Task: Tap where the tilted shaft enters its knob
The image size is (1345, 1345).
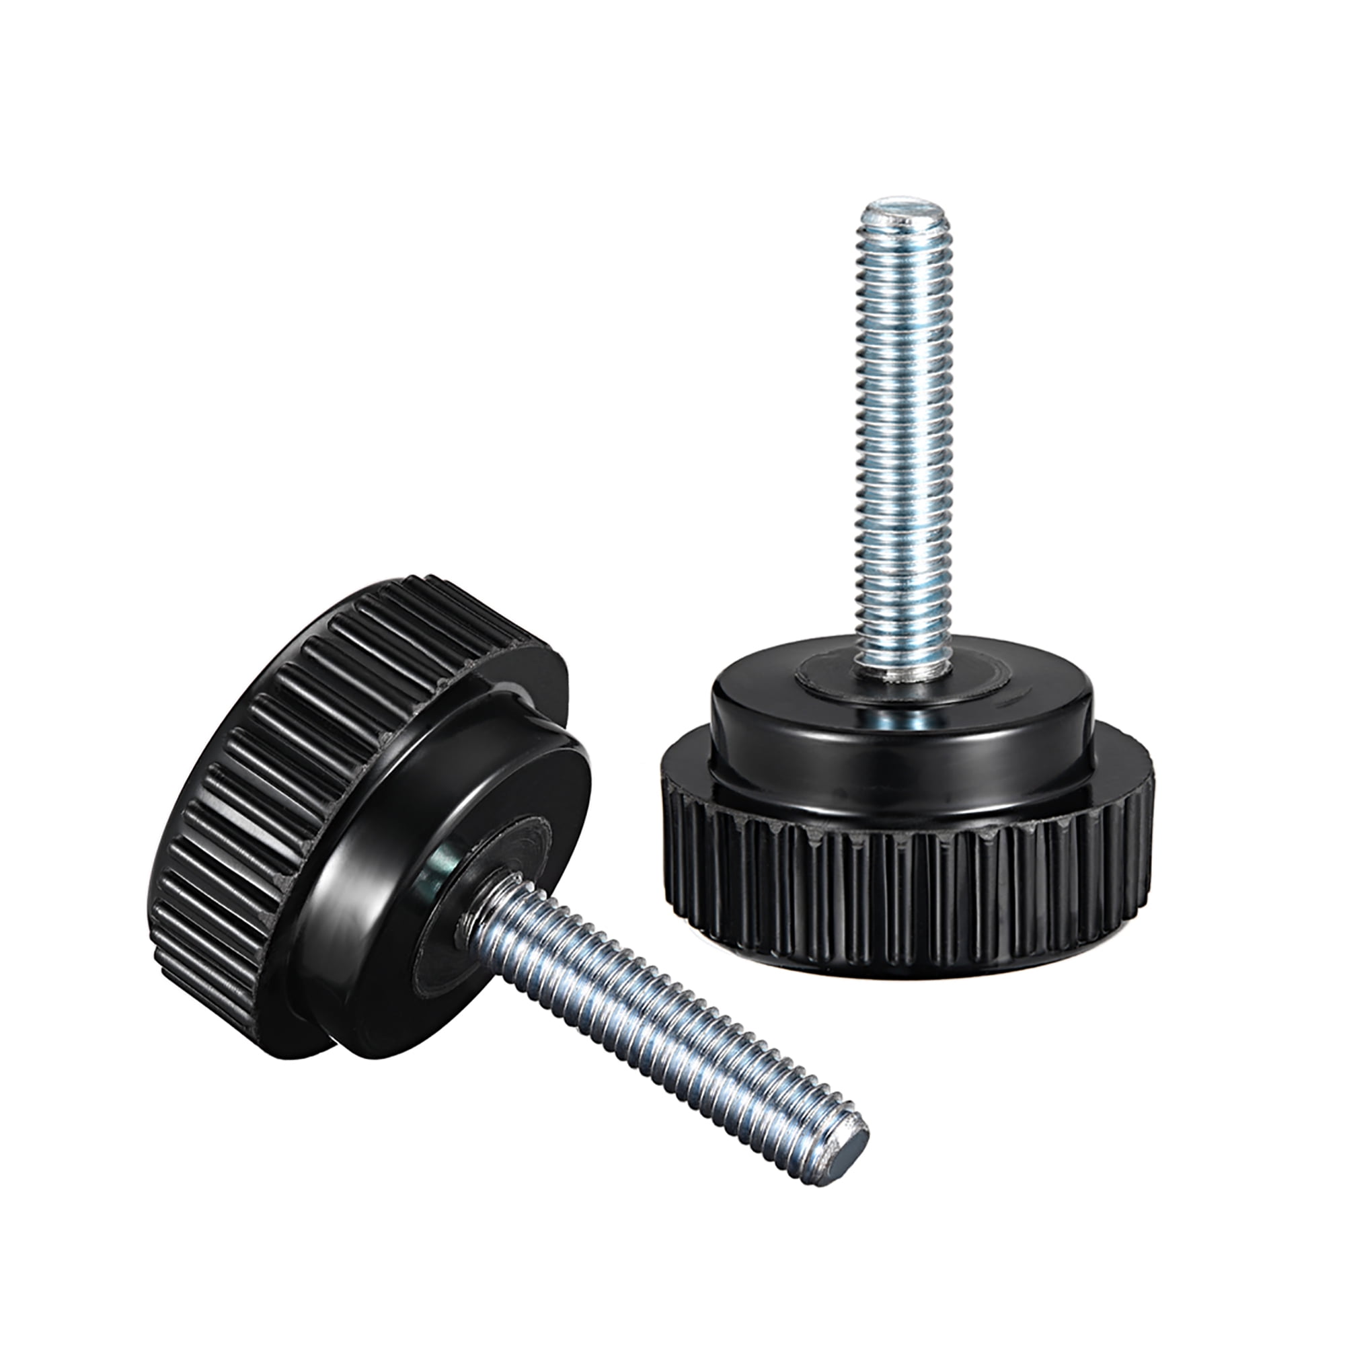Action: click(x=480, y=912)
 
